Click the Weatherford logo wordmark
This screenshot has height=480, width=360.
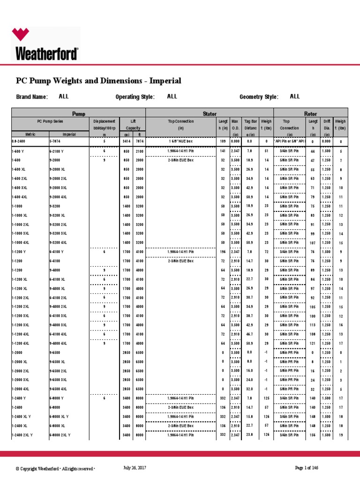(x=47, y=53)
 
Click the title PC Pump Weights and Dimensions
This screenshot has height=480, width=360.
(x=98, y=81)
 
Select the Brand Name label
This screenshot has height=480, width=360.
(x=32, y=97)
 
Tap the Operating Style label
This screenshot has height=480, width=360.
(x=135, y=97)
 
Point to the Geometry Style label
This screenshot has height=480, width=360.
(x=259, y=97)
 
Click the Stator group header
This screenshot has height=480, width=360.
(x=210, y=114)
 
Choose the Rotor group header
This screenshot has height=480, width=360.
(x=311, y=114)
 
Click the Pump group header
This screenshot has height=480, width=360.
(x=79, y=114)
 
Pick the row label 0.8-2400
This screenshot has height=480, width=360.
(x=19, y=141)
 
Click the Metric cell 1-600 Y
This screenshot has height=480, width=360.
(x=19, y=151)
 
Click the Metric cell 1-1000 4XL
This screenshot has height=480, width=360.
(x=21, y=242)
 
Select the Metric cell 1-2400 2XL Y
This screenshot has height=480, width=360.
(x=22, y=435)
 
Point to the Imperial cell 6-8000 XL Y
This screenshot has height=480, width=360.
(x=60, y=417)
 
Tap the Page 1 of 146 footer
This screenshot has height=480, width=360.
(x=310, y=468)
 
